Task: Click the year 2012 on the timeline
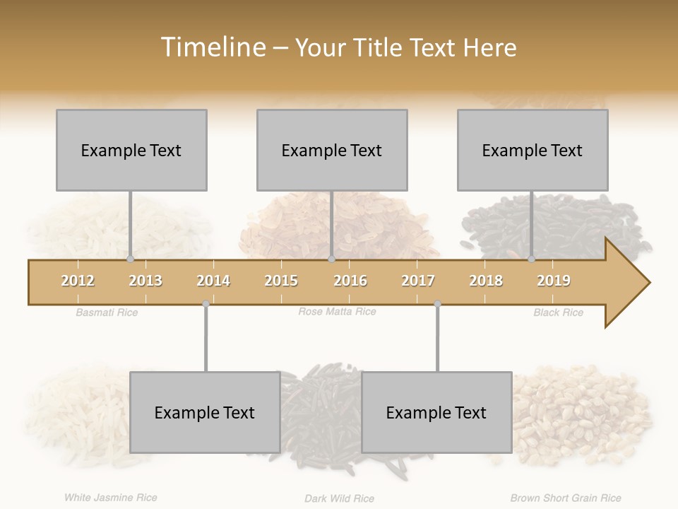(78, 281)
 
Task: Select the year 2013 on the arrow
(145, 281)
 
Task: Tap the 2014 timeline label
(213, 281)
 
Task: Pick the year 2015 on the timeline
(281, 281)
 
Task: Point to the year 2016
(350, 281)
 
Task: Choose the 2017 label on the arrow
(418, 281)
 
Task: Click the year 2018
(486, 281)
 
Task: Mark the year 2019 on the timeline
(554, 281)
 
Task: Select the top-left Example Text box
(131, 150)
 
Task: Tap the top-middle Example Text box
(332, 150)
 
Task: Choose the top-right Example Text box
(533, 150)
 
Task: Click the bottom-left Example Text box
(205, 412)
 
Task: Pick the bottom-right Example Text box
(436, 412)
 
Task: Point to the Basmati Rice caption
(107, 312)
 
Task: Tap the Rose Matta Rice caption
(337, 312)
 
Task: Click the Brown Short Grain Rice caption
(566, 498)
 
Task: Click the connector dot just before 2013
(130, 259)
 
